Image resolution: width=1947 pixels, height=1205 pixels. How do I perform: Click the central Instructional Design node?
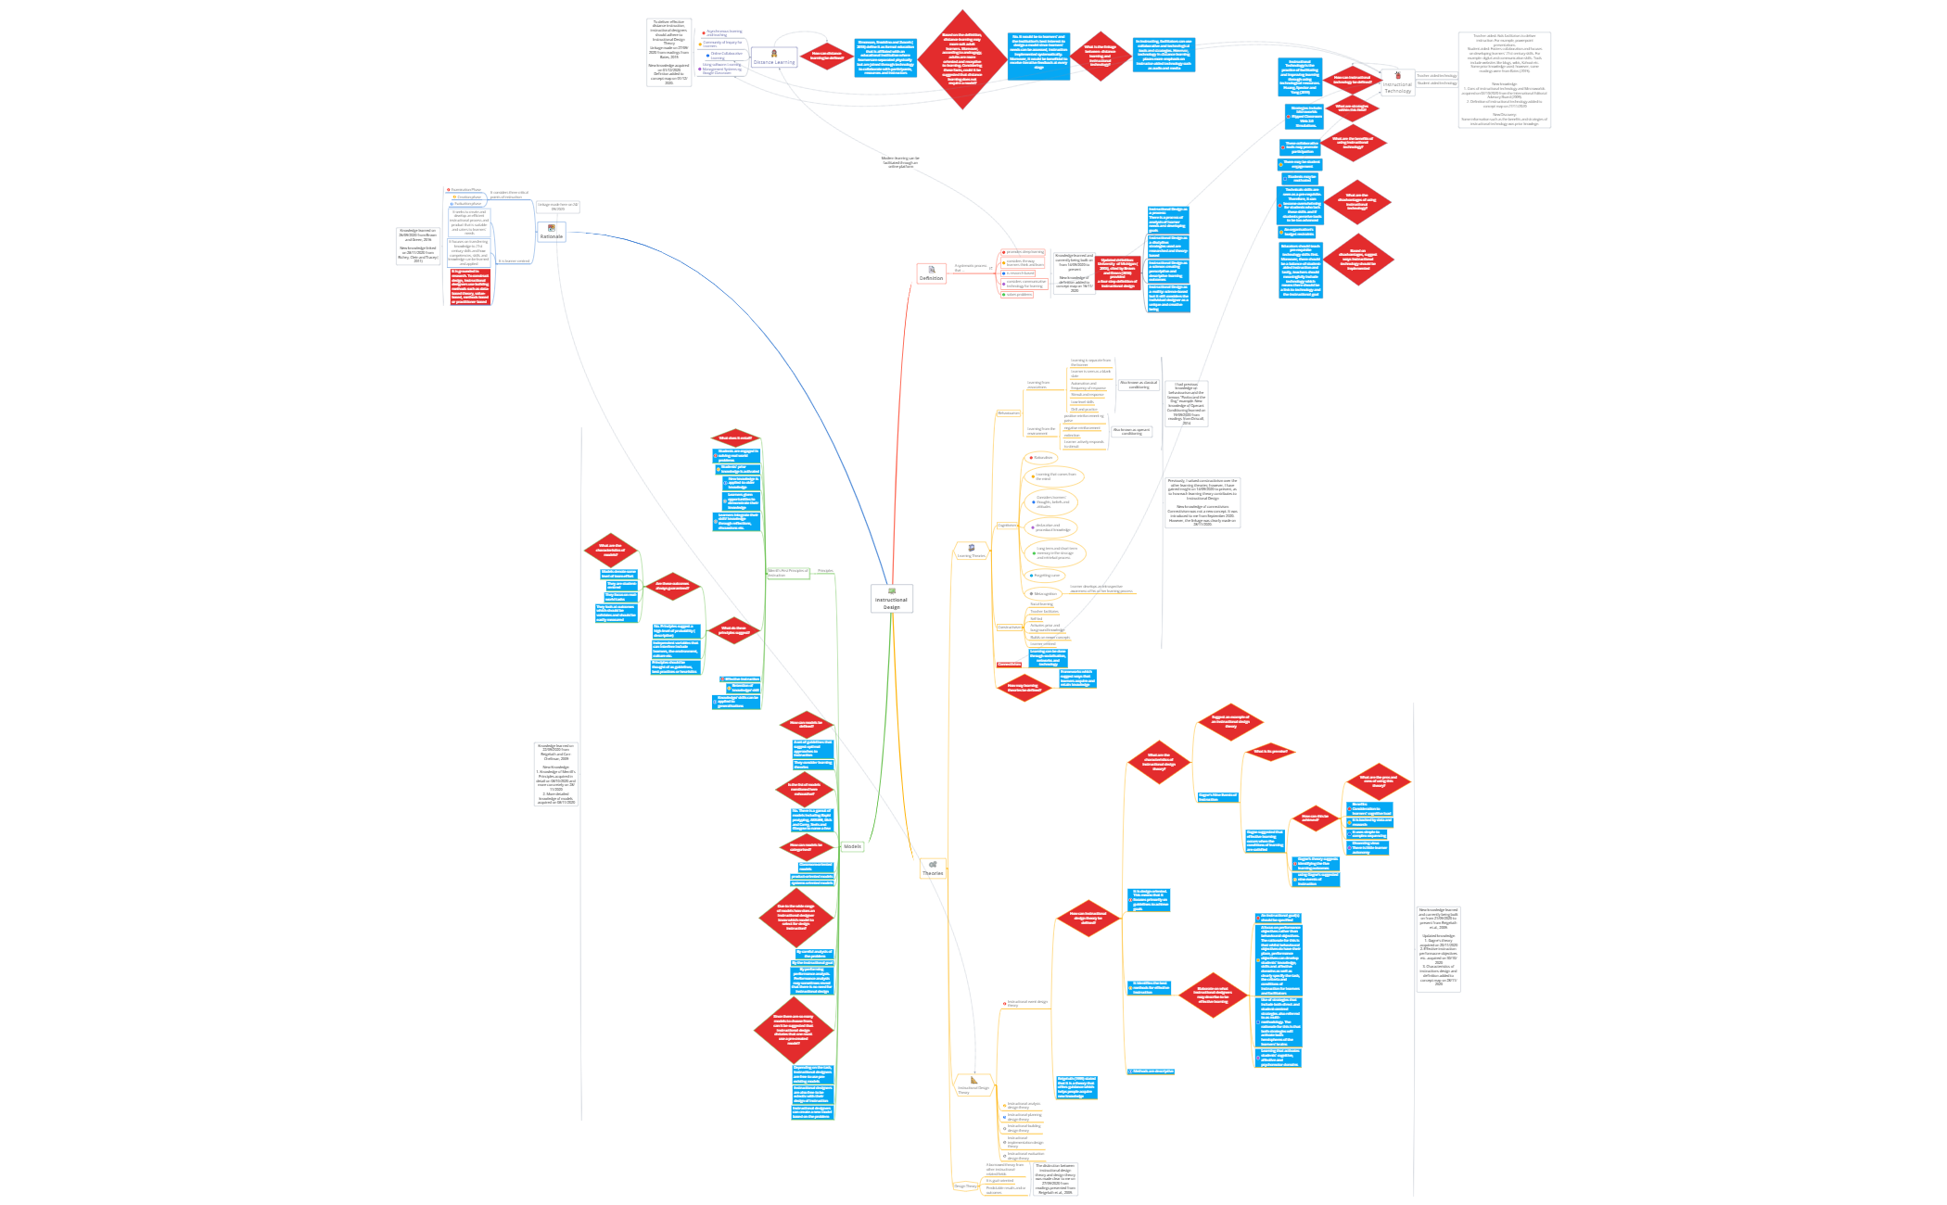(891, 599)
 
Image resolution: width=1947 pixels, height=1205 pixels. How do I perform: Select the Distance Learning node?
(774, 58)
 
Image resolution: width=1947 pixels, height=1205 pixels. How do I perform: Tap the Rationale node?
(552, 233)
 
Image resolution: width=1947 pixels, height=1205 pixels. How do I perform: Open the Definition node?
(931, 273)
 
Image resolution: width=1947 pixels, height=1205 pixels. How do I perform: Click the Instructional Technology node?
(1397, 83)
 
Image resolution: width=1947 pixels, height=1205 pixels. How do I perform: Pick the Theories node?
(933, 869)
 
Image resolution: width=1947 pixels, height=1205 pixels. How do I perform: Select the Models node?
(852, 846)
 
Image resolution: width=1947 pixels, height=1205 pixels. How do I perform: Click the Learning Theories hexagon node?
(971, 552)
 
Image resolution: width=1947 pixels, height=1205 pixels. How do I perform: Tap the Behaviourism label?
(1008, 413)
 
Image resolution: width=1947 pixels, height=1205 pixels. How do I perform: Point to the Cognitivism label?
(1007, 526)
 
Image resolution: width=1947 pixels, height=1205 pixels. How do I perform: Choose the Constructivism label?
(1009, 628)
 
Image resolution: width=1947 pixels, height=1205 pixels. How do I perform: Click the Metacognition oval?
(1044, 594)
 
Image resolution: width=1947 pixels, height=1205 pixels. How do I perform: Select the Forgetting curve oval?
(1046, 576)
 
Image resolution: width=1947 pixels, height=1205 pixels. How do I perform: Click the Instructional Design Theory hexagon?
(973, 1085)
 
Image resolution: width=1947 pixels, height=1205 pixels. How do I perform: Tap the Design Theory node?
(965, 1186)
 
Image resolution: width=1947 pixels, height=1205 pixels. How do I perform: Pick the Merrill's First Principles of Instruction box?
(788, 573)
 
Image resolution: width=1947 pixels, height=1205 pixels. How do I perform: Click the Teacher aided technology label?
(1436, 76)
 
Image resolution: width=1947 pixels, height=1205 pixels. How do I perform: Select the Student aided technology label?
(1436, 83)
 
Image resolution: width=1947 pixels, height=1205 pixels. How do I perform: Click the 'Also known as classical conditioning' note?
(1139, 385)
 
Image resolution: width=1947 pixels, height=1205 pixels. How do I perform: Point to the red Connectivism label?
(1009, 664)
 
